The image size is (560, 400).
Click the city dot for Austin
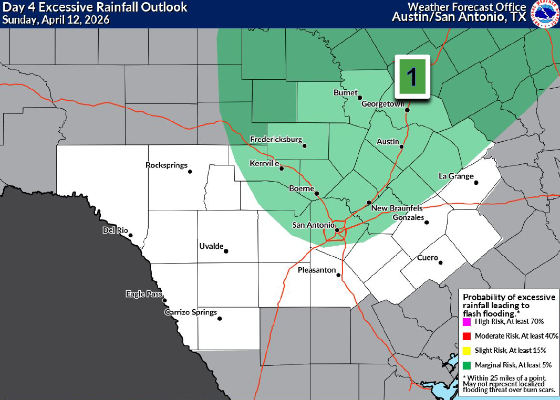(x=401, y=147)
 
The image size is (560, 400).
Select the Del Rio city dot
(x=130, y=236)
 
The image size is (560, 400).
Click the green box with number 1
(x=412, y=77)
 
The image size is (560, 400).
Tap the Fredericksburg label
(x=276, y=140)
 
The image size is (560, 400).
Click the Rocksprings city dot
(x=190, y=172)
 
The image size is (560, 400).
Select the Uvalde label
(x=211, y=246)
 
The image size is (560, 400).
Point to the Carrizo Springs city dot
(x=220, y=319)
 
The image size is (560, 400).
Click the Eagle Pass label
(x=143, y=294)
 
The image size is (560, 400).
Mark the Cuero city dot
(x=441, y=263)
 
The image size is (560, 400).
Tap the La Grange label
(x=456, y=176)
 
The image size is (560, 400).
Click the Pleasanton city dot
(x=338, y=275)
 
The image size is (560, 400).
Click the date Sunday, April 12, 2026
(x=55, y=20)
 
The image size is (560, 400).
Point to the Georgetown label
(x=382, y=104)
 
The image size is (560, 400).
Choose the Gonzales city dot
(x=427, y=223)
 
